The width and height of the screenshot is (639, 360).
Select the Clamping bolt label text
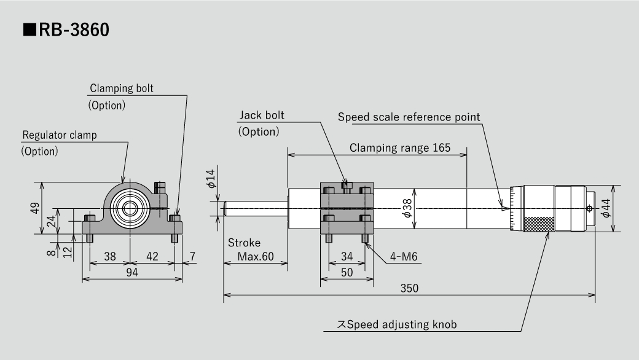[122, 88]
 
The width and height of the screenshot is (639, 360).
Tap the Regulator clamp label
[60, 135]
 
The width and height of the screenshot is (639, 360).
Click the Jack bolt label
[262, 115]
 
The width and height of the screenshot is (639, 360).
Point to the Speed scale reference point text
[409, 117]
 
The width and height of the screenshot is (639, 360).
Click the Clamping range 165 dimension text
[400, 147]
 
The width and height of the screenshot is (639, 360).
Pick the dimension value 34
[347, 256]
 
